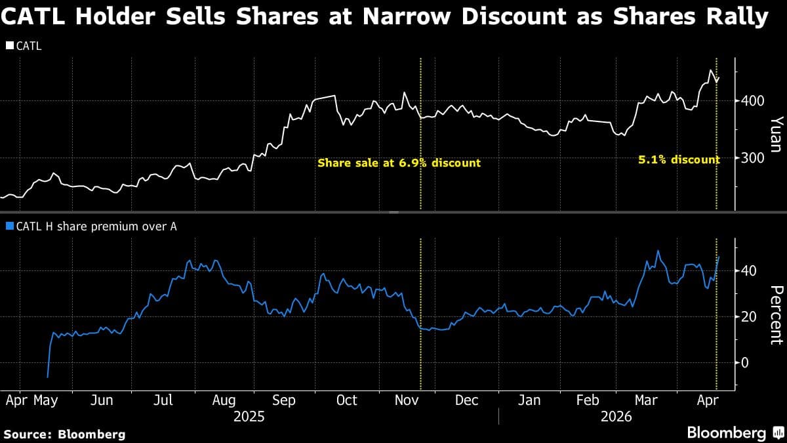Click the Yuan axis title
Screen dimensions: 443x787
[x=776, y=135]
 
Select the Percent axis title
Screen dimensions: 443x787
[x=776, y=315]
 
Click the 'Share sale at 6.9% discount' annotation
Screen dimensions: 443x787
[x=399, y=163]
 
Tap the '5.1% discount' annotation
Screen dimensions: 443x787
[x=679, y=159]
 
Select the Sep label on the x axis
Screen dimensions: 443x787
[x=283, y=400]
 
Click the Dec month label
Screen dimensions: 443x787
[x=466, y=400]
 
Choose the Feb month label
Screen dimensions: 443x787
[x=587, y=400]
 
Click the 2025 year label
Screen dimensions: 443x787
[x=249, y=417]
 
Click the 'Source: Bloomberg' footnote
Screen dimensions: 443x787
[x=64, y=434]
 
